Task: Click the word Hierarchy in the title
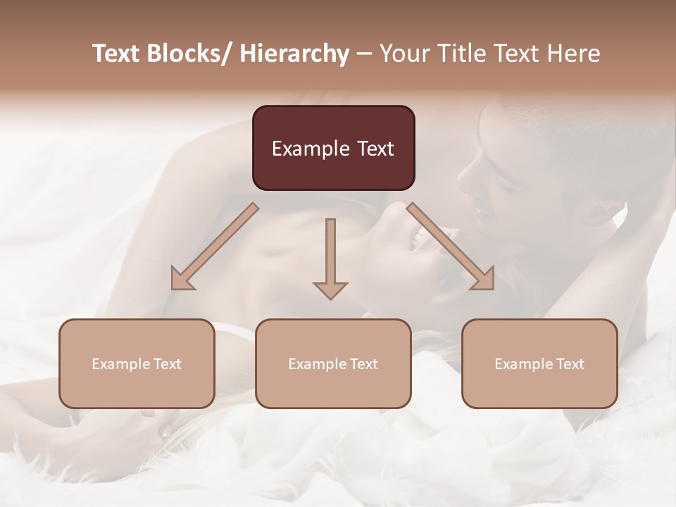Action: click(294, 54)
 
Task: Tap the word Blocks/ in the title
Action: click(193, 54)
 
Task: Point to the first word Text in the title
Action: click(118, 54)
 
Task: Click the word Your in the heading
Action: click(403, 54)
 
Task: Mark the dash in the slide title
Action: click(364, 54)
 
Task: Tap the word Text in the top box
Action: click(374, 149)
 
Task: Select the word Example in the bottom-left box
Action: click(120, 364)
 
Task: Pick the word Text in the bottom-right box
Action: click(569, 364)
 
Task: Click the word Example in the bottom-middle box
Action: click(316, 364)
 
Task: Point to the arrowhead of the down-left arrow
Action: click(182, 280)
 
